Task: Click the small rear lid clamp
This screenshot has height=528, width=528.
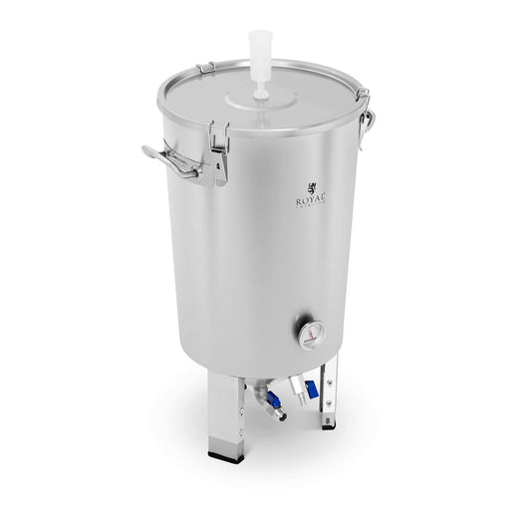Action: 205,68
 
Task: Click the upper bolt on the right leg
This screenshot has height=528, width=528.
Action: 321,380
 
